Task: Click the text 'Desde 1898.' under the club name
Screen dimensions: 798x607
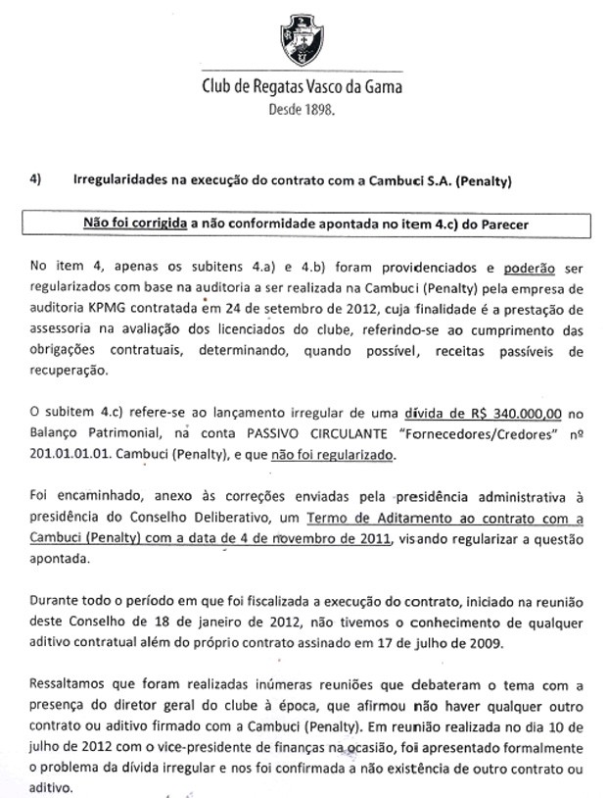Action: pyautogui.click(x=301, y=111)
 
